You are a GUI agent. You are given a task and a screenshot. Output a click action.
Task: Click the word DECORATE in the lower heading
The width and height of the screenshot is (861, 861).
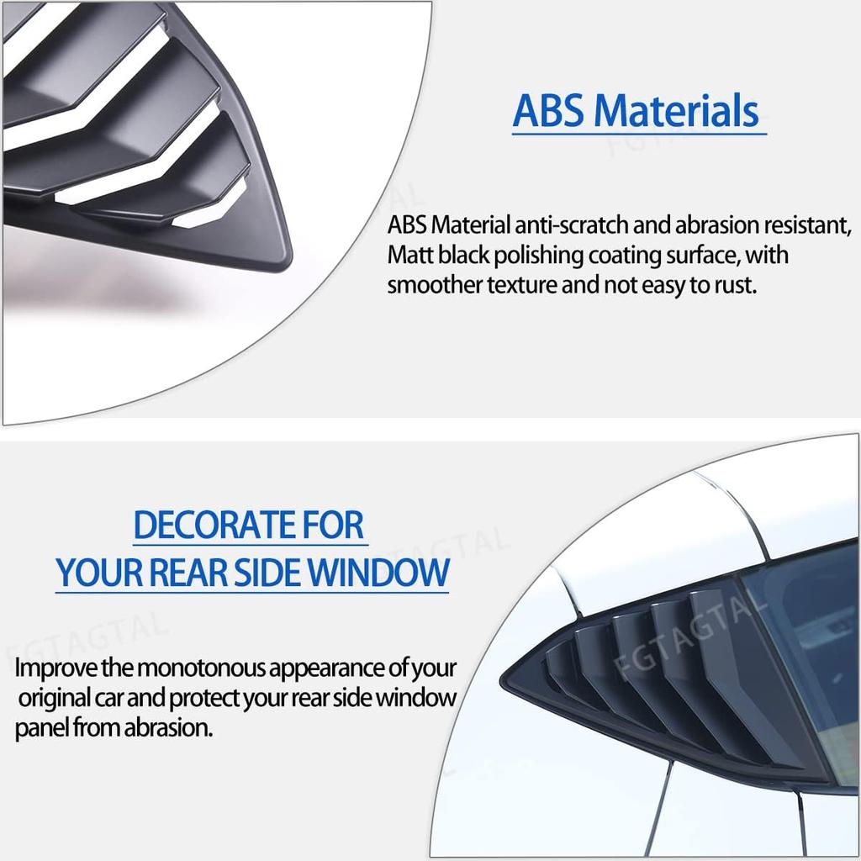(x=214, y=525)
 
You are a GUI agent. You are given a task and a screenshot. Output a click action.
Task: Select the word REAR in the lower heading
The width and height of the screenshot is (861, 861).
(x=188, y=573)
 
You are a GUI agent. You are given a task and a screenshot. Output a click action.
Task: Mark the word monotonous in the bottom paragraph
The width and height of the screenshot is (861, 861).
(x=202, y=668)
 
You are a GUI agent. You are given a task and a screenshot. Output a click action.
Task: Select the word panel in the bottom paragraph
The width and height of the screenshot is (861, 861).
(x=42, y=729)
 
